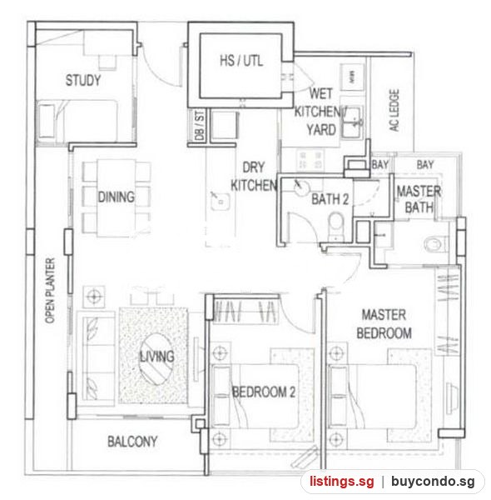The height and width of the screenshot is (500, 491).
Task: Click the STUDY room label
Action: [83, 80]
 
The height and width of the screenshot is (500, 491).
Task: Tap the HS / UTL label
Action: [241, 61]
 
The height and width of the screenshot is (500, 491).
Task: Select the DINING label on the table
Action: [117, 197]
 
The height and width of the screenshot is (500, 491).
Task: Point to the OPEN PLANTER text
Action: [50, 291]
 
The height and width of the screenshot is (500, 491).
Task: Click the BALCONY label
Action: [132, 442]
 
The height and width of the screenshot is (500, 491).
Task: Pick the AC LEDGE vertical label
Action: [394, 110]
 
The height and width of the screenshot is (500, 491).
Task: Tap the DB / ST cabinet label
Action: [200, 125]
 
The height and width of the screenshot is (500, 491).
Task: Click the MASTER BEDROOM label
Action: [384, 324]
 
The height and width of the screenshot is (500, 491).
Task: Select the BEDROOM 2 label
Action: [264, 392]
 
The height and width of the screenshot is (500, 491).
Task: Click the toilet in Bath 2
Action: [335, 226]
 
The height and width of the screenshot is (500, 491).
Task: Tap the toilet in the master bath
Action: [435, 244]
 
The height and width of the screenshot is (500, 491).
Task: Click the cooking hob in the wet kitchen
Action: [310, 159]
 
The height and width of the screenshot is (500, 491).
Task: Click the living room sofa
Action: [95, 358]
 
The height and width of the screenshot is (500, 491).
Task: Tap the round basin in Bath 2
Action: [301, 187]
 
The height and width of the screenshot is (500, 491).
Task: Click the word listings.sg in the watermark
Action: [342, 481]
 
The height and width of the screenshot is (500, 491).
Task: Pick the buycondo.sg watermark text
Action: [433, 481]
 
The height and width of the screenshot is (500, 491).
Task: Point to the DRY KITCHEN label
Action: [254, 177]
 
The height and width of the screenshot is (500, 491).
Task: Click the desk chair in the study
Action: [107, 62]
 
